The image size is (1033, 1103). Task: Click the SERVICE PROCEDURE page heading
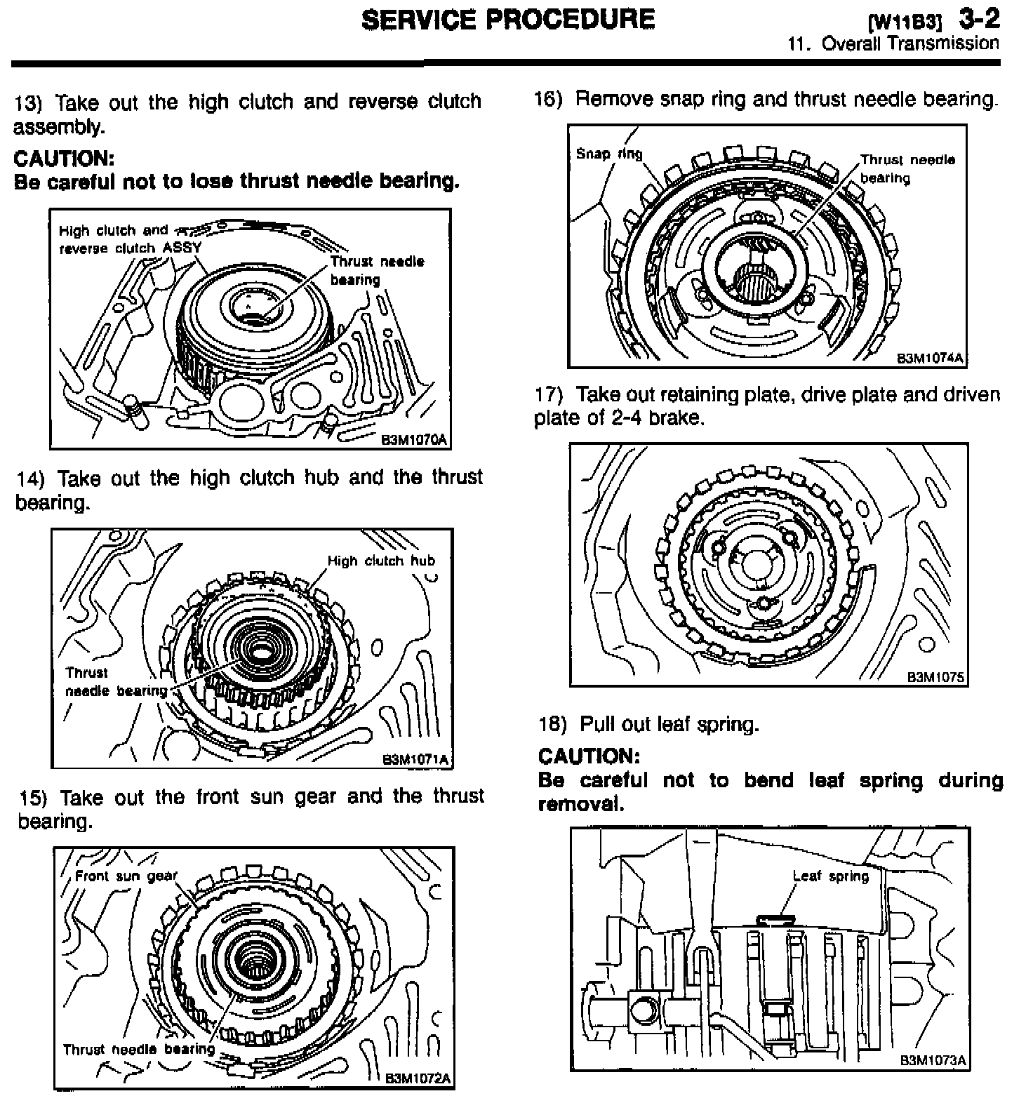[x=508, y=19]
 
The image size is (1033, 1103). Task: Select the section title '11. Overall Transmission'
[x=893, y=44]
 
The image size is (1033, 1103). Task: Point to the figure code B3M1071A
[x=415, y=759]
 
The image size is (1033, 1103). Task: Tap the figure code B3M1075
[x=936, y=677]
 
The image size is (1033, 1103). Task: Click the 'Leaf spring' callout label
[x=831, y=876]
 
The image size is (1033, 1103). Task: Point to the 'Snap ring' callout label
[x=608, y=154]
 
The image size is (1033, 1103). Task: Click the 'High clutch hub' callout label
[x=381, y=561]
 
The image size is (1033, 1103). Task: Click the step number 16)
[x=548, y=100]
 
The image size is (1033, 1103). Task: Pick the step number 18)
[x=552, y=724]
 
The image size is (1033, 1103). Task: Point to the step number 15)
[x=33, y=798]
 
